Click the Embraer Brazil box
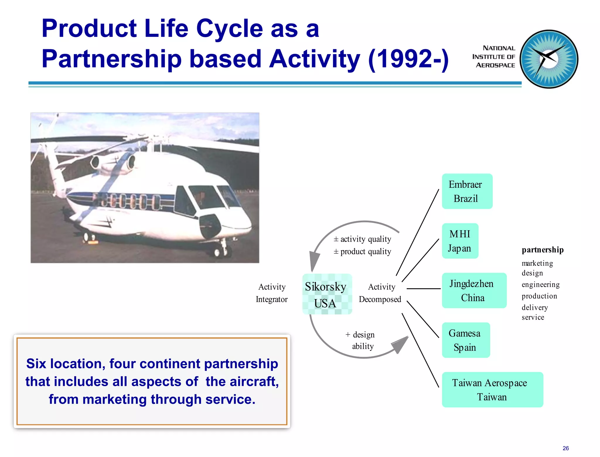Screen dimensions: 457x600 (467, 191)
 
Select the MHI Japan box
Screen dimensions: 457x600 (460, 241)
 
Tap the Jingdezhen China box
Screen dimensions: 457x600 (474, 290)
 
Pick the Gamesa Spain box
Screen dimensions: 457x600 (466, 340)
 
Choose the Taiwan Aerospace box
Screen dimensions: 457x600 (492, 390)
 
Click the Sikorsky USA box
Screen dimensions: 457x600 (327, 294)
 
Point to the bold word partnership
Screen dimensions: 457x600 (543, 250)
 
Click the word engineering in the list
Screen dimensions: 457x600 (541, 284)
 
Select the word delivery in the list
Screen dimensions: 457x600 (535, 307)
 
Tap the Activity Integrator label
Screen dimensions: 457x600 (272, 293)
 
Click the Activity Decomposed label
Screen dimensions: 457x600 (380, 293)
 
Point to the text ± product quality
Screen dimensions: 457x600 (362, 252)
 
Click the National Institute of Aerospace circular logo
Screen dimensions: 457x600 (549, 59)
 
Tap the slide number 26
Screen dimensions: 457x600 (565, 448)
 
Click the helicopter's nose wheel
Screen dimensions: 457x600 (218, 252)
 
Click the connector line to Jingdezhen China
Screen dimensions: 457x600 (423, 289)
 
